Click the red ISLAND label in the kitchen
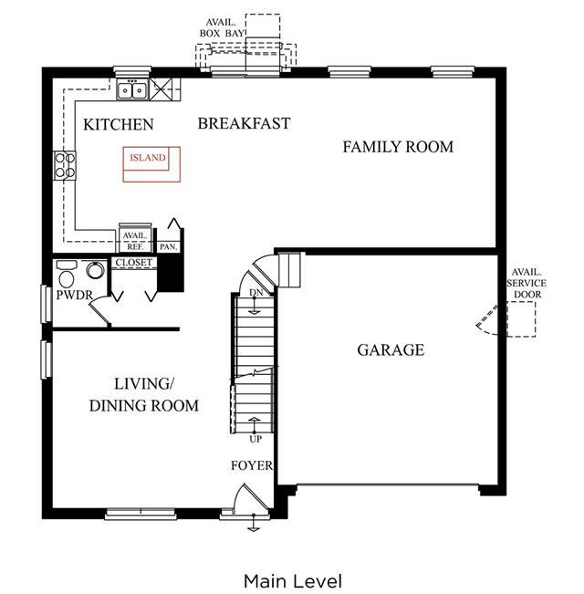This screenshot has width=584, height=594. pyautogui.click(x=148, y=158)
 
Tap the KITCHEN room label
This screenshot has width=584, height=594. pyautogui.click(x=118, y=125)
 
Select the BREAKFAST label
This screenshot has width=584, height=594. pyautogui.click(x=244, y=123)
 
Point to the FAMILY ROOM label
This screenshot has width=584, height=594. pyautogui.click(x=398, y=147)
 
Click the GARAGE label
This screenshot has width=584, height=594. pyautogui.click(x=391, y=350)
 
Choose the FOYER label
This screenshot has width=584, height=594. pyautogui.click(x=252, y=465)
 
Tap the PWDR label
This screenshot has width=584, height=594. pyautogui.click(x=74, y=295)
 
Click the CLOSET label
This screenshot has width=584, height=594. pyautogui.click(x=134, y=263)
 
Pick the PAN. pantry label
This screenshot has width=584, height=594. pyautogui.click(x=169, y=247)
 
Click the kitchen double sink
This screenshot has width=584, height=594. pyautogui.click(x=132, y=90)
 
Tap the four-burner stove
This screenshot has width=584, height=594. pyautogui.click(x=65, y=165)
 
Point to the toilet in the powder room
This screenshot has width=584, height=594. pyautogui.click(x=67, y=276)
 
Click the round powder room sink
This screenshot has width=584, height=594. pyautogui.click(x=96, y=270)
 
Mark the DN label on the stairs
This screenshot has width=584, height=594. pyautogui.click(x=256, y=293)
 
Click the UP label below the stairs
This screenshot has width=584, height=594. pyautogui.click(x=255, y=439)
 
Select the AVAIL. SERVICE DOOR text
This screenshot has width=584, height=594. pyautogui.click(x=527, y=284)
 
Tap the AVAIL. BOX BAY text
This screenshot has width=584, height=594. pyautogui.click(x=222, y=28)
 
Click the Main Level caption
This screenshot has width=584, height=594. pyautogui.click(x=293, y=581)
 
